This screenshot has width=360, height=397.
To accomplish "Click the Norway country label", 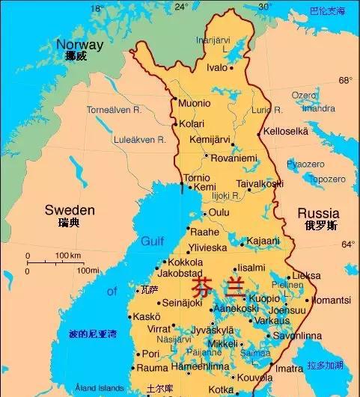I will pos(80,45).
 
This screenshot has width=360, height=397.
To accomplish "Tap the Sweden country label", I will pos(70,209).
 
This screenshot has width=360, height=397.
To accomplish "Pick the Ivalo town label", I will pos(217,67).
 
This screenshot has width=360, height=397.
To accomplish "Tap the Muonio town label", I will pos(195,102).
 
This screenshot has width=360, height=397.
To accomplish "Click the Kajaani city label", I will pos(264,241).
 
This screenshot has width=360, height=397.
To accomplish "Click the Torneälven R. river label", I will pos(114,110).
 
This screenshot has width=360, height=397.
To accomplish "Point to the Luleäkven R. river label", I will pos(117,139).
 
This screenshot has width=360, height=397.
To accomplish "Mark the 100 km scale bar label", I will pos(68,256).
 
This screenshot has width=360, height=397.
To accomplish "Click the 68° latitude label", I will pos(345,80).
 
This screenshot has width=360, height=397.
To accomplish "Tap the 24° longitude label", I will pos(181,7).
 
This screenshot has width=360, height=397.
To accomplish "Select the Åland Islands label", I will pos(99,388).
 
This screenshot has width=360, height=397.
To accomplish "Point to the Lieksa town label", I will pos(306,276).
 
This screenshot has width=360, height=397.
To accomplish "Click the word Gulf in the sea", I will pos(152,241).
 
